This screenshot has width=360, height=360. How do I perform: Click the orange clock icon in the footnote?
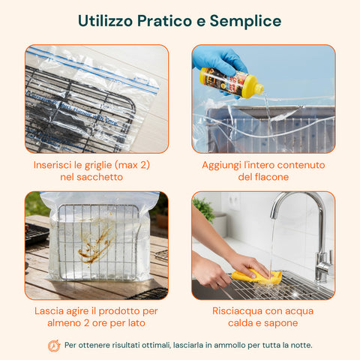(54, 346)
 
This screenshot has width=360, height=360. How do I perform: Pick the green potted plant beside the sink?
(204, 210)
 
